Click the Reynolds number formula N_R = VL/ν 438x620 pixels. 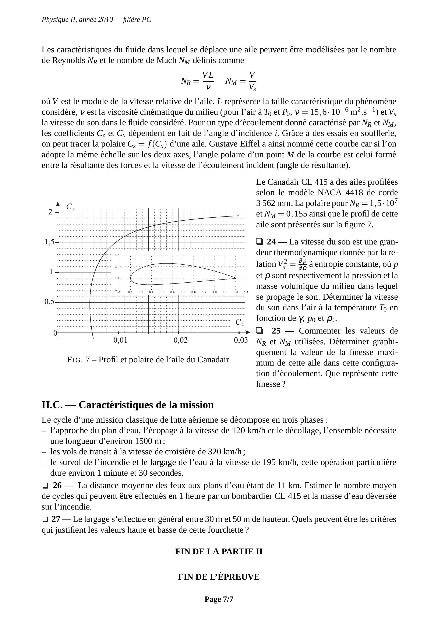click(197, 81)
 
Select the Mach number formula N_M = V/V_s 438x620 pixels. click(241, 81)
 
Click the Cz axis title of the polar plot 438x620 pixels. click(70, 207)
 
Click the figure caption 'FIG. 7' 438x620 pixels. click(78, 360)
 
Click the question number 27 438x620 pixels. click(56, 519)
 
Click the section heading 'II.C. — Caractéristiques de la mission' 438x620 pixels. click(127, 405)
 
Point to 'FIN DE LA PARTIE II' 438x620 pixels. click(219, 552)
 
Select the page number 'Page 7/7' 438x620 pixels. click(219, 599)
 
